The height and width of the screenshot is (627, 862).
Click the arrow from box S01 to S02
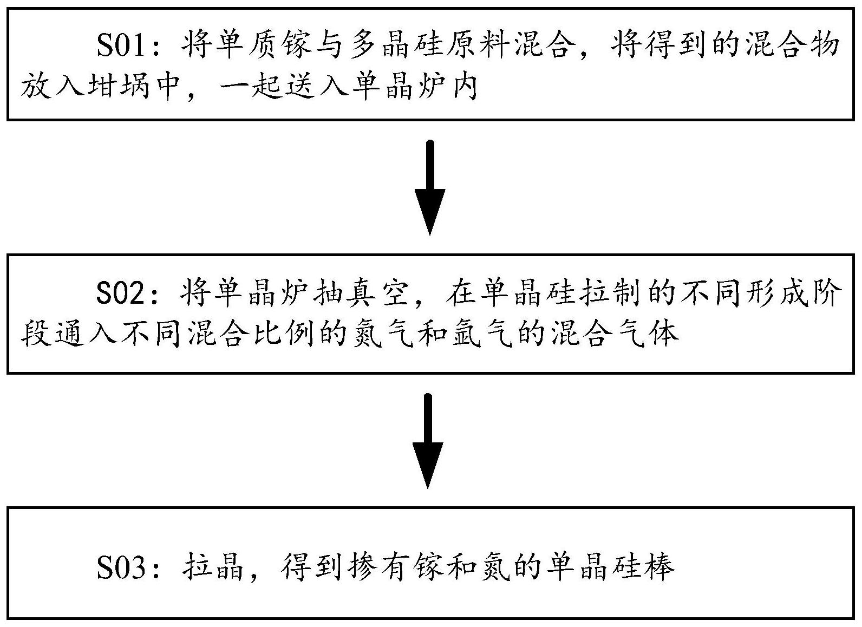pyautogui.click(x=430, y=188)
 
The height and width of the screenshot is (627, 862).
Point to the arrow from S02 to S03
pyautogui.click(x=428, y=441)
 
